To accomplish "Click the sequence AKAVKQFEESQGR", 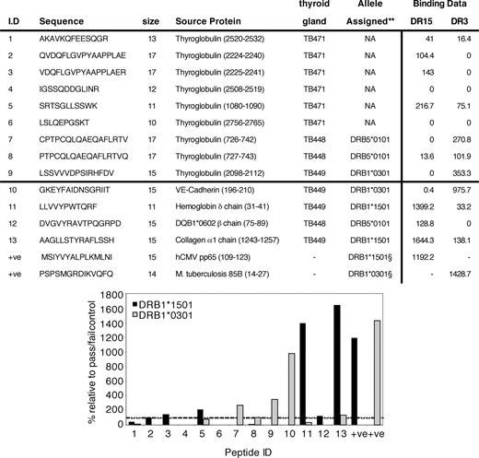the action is coord(74,39).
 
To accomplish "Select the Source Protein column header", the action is coord(208,21).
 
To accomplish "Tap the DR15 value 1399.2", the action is coord(423,206).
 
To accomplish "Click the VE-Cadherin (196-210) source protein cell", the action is coord(215,190).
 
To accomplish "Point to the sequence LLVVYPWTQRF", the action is coord(68,206).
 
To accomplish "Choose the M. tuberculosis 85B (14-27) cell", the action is coord(222,274).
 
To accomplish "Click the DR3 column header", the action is coord(460,21).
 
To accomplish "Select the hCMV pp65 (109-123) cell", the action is coord(213,257).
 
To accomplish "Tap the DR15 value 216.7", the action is coord(425,106).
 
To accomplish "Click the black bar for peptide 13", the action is coord(337,365).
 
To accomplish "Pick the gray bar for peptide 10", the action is coord(292,389).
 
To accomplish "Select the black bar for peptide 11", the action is coord(303,374).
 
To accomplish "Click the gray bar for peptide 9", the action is coord(275,412).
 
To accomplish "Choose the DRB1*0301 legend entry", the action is coord(163,315).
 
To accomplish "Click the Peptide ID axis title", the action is coord(248,452).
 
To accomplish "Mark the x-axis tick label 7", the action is coord(236,434).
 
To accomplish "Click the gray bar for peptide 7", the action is coord(240,415).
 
